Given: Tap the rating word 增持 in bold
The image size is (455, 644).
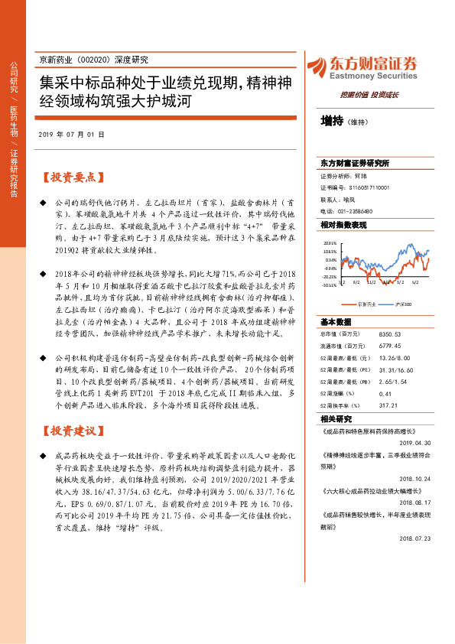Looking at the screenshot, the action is [331, 121].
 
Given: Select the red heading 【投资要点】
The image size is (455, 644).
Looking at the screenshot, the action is [71, 177].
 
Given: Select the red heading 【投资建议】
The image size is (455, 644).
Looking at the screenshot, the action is [71, 431].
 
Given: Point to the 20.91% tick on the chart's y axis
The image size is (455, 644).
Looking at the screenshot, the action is [330, 243].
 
